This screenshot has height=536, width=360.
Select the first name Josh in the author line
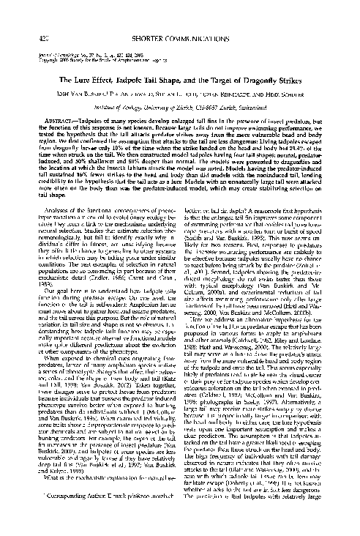coord(56,74)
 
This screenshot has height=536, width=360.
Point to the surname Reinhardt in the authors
coord(273,74)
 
